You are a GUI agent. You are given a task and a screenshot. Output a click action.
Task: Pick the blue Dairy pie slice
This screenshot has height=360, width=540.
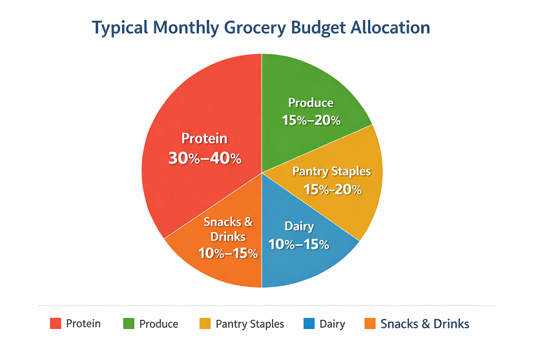(x=304, y=265)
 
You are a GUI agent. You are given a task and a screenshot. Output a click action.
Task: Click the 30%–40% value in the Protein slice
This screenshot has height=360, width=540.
(x=204, y=158)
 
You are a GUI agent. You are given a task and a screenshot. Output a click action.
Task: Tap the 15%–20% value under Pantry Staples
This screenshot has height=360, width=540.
(x=332, y=189)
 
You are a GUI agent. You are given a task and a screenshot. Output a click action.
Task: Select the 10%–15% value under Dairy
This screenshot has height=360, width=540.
(x=299, y=244)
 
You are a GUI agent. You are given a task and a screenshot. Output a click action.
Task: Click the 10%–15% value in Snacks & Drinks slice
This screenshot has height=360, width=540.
(x=228, y=253)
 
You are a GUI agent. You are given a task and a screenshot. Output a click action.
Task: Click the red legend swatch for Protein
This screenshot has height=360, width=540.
(x=56, y=324)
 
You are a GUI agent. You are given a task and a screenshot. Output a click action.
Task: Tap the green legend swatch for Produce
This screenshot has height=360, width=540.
(x=129, y=324)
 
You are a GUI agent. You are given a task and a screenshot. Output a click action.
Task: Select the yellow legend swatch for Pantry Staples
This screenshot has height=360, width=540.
(x=205, y=324)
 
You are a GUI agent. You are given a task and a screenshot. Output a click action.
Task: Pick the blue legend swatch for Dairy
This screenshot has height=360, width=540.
(x=308, y=324)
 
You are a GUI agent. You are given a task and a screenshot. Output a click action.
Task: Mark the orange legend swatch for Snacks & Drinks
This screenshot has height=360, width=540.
(x=370, y=324)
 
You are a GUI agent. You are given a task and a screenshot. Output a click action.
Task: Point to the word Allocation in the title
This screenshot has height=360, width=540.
(x=390, y=28)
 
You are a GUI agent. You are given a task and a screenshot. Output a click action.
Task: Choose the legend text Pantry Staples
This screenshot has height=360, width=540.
(x=249, y=324)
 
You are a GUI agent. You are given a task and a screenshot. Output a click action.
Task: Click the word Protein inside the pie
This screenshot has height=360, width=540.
(x=204, y=138)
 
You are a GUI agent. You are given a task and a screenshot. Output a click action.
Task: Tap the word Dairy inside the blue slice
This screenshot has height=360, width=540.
(x=299, y=226)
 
